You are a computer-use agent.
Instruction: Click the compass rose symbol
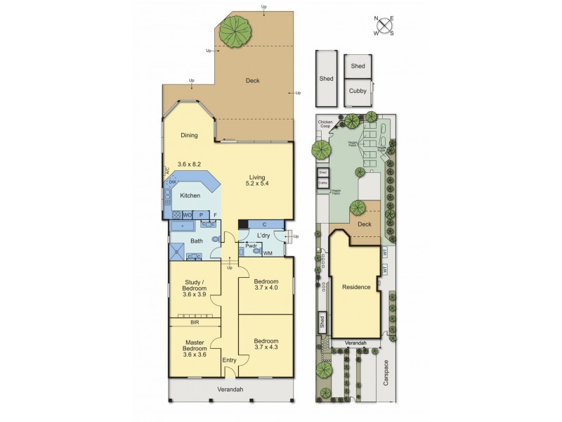coord(384,25)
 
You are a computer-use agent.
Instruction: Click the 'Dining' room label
coord(189,136)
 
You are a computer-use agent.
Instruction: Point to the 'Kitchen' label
coord(190,196)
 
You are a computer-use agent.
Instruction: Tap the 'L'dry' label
coord(263,235)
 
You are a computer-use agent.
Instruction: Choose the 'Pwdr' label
coord(250,245)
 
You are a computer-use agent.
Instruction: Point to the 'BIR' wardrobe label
coord(195,322)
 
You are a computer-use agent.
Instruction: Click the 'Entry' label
coord(229,361)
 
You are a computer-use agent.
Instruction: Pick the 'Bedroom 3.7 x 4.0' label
coord(266,284)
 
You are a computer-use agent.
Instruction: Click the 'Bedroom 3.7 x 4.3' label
coord(266,344)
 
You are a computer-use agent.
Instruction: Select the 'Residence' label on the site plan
coord(356,287)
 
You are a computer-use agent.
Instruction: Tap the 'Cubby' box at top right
coord(358,91)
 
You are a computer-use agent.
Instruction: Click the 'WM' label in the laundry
coord(268,252)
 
